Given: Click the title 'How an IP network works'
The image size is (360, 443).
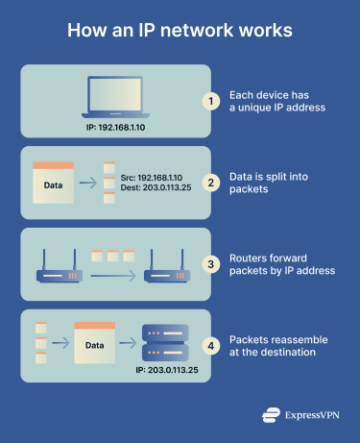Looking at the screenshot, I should (180, 31).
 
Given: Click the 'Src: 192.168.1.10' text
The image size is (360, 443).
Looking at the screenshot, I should (152, 177).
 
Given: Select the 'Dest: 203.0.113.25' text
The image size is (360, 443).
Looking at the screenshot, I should (155, 190).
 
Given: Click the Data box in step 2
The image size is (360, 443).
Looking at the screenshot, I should (55, 183).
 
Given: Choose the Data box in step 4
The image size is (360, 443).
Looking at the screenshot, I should (94, 345).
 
